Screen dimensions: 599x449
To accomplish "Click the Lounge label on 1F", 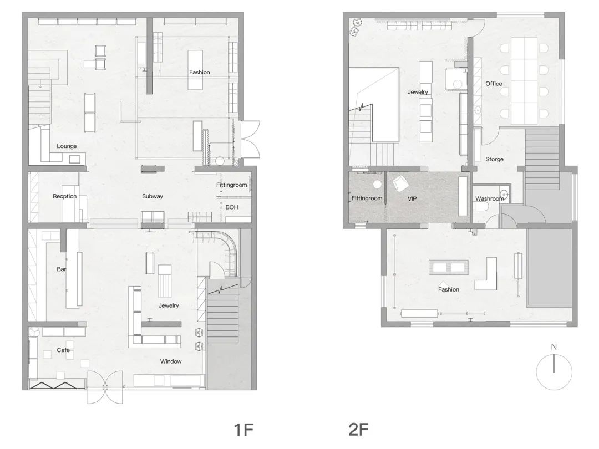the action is pos(67,146).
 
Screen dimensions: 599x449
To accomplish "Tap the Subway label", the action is pos(153,196).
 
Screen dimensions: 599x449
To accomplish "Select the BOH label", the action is pos(231,207).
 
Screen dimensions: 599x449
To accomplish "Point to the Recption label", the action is pos(64,196).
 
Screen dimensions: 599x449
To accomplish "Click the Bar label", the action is pos(61,269).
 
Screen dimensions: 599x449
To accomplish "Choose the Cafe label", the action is pos(63,350).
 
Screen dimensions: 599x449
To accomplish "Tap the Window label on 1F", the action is pos(171,361).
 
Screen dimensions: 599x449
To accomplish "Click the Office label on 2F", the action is pos(494,84).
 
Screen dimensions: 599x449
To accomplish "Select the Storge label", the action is pos(494,159).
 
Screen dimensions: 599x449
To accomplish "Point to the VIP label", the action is pos(412,198).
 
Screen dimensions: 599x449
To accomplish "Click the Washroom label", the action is pos(490,198).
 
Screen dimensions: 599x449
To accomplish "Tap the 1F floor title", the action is pos(243,430).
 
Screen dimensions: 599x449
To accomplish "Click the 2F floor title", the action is pos(358,430).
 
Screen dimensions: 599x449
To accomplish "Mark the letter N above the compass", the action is pos(554,347).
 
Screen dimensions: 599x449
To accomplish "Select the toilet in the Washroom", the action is pos(481,207).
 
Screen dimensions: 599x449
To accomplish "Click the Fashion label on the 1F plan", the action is pos(200,72).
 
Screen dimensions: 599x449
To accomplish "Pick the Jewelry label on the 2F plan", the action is pos(418,92).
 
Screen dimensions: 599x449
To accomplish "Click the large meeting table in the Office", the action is pos(524,80).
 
